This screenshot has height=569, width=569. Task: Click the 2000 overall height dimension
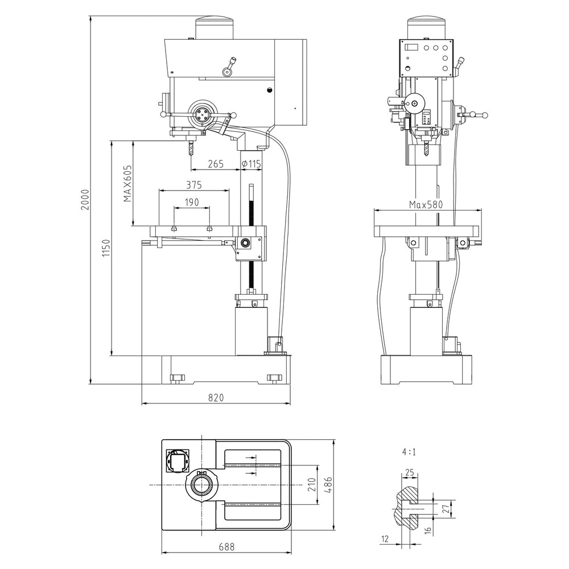[85, 200]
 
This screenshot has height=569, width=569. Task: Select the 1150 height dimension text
[106, 248]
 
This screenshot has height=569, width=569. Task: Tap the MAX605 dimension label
[127, 184]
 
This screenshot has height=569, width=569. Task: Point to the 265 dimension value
[216, 164]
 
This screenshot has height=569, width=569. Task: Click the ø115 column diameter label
[251, 164]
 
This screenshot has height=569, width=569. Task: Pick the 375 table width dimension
[194, 185]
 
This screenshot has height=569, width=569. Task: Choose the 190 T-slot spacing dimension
[192, 202]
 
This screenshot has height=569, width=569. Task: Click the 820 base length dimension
[216, 398]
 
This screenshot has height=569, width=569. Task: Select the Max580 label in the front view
[426, 205]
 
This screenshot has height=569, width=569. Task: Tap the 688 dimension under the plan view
[227, 546]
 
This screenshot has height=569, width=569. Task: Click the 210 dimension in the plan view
[312, 485]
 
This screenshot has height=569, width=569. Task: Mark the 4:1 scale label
[409, 452]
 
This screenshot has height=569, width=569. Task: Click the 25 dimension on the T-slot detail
[409, 472]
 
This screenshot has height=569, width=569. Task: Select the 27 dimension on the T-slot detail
[448, 508]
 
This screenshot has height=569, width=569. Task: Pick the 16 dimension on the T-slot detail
[428, 530]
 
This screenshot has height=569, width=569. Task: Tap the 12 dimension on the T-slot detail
[385, 539]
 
